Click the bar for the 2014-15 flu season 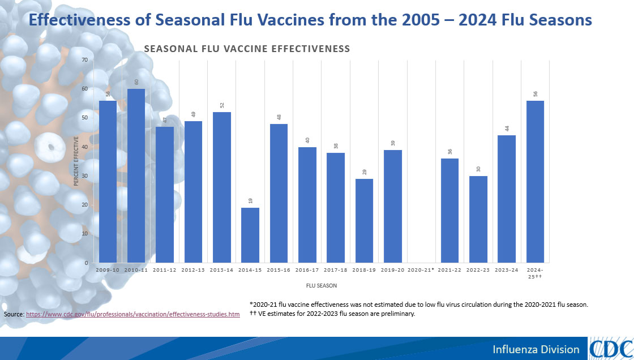tap(250, 235)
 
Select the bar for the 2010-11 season tap(136, 175)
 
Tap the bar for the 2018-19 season tap(364, 221)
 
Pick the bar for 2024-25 tap(535, 181)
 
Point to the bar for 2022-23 tap(478, 219)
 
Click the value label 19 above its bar tap(250, 200)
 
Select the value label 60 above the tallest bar tap(136, 82)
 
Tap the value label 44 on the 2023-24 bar tap(507, 128)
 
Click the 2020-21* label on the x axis tap(421, 271)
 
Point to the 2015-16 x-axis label tap(279, 271)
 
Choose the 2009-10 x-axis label tap(108, 271)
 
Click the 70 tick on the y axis tap(85, 60)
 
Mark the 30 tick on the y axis tap(85, 176)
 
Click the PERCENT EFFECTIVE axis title tap(76, 161)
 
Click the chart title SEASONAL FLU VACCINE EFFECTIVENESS tap(247, 49)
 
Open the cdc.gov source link tap(133, 314)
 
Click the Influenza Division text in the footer tap(536, 349)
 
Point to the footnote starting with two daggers tap(332, 314)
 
